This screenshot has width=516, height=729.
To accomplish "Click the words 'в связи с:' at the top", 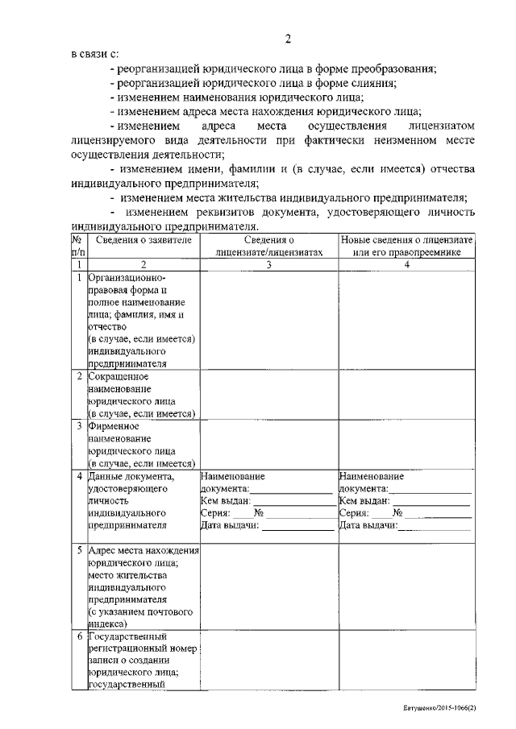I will [94, 55].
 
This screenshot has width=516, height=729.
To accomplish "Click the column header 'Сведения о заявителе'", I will [143, 241].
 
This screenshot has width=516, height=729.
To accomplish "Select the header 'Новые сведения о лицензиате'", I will [407, 241].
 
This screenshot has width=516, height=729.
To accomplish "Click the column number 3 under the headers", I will [269, 264].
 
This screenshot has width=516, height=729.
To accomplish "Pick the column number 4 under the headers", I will [407, 264].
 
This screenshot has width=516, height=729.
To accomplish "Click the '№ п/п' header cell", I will [78, 246].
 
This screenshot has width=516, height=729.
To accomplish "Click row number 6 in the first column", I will [79, 636].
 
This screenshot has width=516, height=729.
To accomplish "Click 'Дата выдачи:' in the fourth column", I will [368, 525].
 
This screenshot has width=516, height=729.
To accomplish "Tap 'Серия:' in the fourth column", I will [354, 513].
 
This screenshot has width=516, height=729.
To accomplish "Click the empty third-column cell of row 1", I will [269, 319].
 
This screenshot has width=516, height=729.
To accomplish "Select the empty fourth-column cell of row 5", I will [407, 586].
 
